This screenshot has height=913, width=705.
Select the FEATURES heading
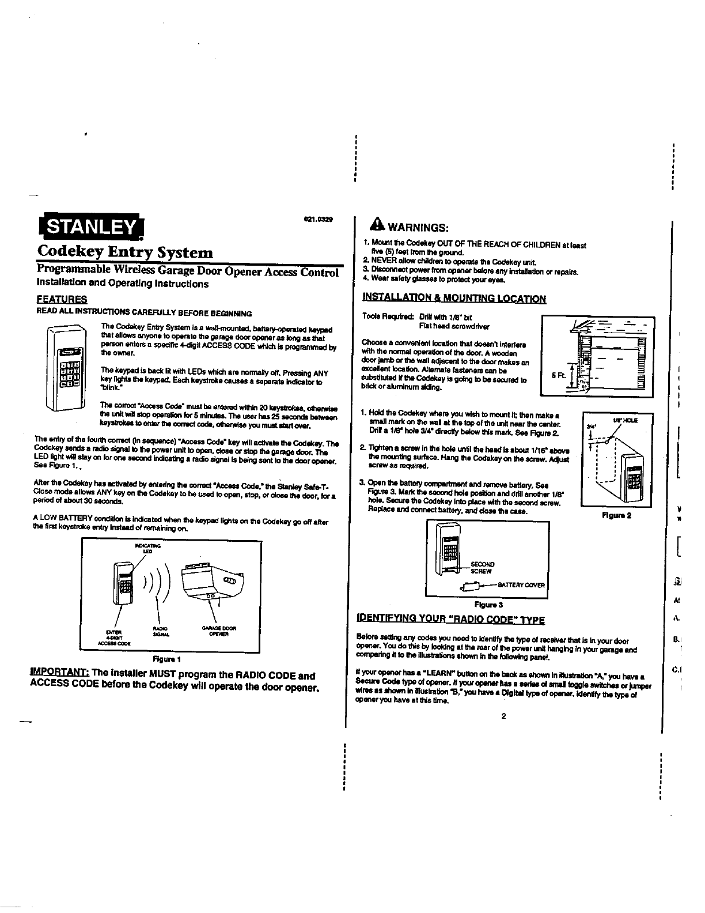pos(62,299)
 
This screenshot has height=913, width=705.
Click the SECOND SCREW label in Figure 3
pos(482,568)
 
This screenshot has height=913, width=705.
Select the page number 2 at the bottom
pos(503,716)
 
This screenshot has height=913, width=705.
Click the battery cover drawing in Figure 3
pos(470,587)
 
